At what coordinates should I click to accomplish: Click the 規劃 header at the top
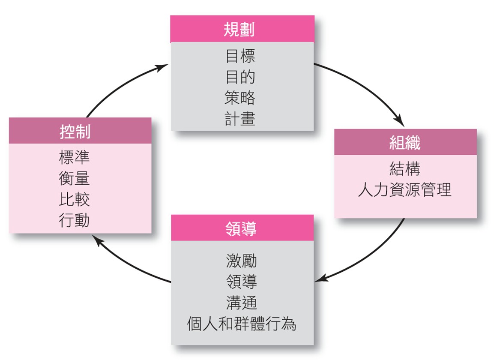pyautogui.click(x=242, y=29)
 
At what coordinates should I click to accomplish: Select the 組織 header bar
pyautogui.click(x=405, y=142)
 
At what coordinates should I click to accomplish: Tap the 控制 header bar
pyautogui.click(x=80, y=131)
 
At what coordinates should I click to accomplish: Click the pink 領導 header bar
pyautogui.click(x=242, y=228)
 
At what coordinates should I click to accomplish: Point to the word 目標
pyautogui.click(x=240, y=56)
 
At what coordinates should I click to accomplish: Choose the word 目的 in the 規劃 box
pyautogui.click(x=240, y=77)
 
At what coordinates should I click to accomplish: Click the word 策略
pyautogui.click(x=240, y=97)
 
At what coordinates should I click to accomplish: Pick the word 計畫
pyautogui.click(x=240, y=119)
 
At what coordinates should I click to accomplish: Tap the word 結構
pyautogui.click(x=405, y=168)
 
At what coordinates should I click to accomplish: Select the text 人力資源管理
pyautogui.click(x=405, y=189)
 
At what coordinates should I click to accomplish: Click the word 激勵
pyautogui.click(x=241, y=261)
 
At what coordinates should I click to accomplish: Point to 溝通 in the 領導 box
pyautogui.click(x=241, y=303)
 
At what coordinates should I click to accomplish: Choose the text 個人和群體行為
pyautogui.click(x=241, y=324)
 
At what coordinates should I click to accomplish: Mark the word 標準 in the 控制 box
pyautogui.click(x=75, y=157)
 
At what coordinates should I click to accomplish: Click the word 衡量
pyautogui.click(x=75, y=178)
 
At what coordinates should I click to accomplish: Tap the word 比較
pyautogui.click(x=75, y=199)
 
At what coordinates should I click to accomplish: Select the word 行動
pyautogui.click(x=75, y=220)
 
